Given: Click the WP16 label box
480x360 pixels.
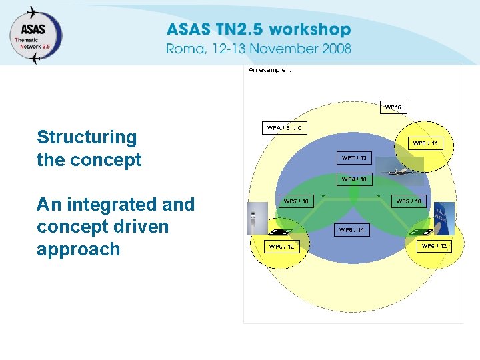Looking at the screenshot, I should tap(393, 107).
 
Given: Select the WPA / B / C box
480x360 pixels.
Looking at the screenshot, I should tap(284, 127).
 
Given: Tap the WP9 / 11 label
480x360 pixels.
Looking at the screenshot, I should tap(424, 143).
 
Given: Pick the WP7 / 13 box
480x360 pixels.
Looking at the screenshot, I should tap(353, 158).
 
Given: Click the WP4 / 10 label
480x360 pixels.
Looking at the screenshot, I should tap(353, 179).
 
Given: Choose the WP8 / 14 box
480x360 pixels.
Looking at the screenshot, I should tap(351, 230).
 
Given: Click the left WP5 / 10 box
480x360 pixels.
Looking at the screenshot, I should tap(295, 201).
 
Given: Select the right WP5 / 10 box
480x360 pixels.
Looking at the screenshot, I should tap(408, 201).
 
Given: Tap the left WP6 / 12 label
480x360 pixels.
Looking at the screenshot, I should tap(281, 247).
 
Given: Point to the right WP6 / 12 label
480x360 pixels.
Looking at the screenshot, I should tap(433, 246).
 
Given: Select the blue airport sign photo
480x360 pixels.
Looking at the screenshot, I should tap(443, 217).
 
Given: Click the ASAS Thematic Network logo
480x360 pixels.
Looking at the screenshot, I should tap(35, 35).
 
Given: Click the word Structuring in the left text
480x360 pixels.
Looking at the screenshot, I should tap(87, 137).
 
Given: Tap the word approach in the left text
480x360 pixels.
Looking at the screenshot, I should tap(78, 249).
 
